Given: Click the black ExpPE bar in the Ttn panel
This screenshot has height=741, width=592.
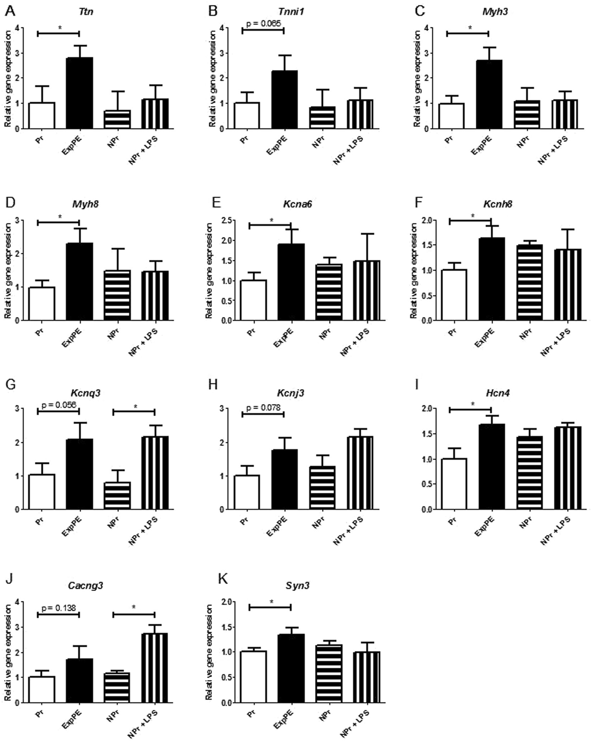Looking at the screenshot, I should [x=79, y=93].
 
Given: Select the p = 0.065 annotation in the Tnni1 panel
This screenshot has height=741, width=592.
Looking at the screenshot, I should [x=264, y=24].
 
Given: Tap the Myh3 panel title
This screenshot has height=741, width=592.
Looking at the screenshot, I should [x=495, y=12].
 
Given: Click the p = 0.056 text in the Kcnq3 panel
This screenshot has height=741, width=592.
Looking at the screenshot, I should [x=59, y=405].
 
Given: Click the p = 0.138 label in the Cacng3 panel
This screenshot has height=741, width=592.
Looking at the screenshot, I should [x=59, y=608].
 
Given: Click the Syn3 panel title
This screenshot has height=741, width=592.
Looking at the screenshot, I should [x=297, y=586].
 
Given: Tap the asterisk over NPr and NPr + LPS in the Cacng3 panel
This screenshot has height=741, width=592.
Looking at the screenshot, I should [x=134, y=607].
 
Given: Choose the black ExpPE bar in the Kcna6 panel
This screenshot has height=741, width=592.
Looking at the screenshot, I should [x=291, y=282].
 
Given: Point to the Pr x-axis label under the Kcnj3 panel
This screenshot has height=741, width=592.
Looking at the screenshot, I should [x=245, y=521].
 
